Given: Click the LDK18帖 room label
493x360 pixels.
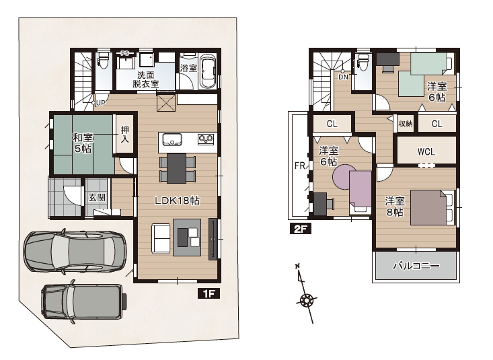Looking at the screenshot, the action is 177,201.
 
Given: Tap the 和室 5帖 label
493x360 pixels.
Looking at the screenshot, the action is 83,143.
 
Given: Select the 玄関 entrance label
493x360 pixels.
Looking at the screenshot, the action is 97,198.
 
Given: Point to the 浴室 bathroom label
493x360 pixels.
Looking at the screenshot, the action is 188,68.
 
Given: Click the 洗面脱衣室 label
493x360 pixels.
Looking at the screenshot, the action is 145,79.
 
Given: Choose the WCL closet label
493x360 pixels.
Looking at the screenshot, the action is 426,151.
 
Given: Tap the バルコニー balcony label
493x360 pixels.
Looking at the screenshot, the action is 416,266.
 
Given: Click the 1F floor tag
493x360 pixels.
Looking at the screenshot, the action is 208,293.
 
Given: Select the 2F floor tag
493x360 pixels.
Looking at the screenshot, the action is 300,229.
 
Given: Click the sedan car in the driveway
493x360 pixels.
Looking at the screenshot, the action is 75,251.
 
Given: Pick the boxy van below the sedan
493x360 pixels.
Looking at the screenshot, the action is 84,302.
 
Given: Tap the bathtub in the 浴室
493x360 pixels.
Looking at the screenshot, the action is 208,71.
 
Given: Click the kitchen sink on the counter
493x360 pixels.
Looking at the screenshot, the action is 172,139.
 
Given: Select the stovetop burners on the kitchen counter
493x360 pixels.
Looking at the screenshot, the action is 206,139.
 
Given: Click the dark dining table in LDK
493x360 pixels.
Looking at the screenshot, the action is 176,168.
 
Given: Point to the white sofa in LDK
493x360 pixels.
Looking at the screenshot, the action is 161,238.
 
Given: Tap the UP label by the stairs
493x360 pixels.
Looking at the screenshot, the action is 100,103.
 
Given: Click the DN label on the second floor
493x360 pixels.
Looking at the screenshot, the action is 343,77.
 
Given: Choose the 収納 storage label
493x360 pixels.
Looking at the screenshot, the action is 406,124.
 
